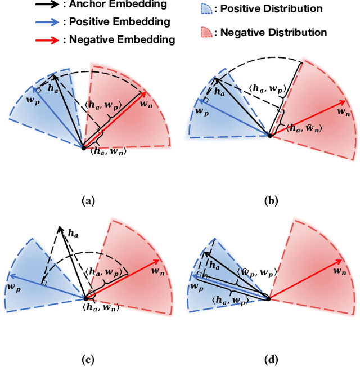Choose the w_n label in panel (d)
[339, 271]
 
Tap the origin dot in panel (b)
[270, 136]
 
